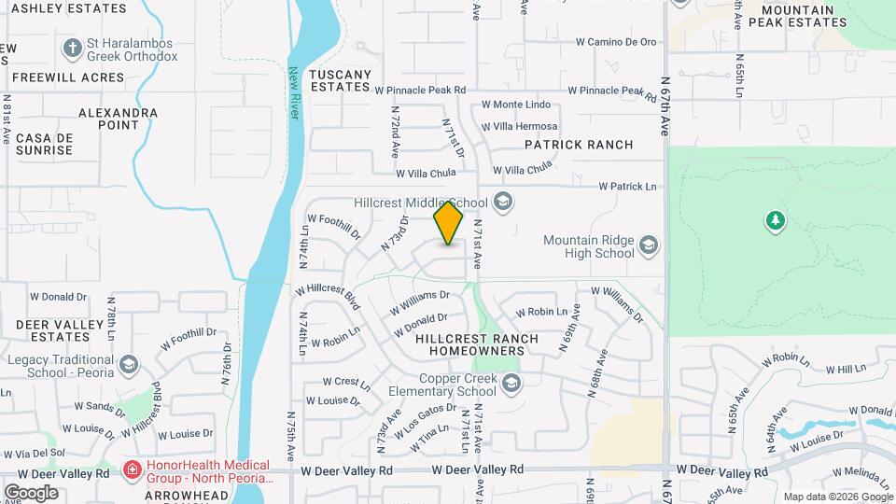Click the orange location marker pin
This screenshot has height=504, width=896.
(449, 223)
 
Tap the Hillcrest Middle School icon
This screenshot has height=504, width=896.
(503, 203)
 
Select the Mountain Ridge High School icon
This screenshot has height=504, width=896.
(649, 246)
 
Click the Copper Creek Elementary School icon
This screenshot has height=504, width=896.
(511, 384)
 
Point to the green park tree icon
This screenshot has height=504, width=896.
(774, 221)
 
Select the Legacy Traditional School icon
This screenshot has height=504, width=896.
(128, 364)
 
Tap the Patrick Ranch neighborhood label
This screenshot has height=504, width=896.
(579, 145)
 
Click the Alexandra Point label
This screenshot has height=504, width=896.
(118, 119)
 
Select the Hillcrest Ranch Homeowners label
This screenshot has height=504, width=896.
(477, 343)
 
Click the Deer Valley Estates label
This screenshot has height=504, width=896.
(52, 330)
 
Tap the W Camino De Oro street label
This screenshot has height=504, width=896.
(617, 42)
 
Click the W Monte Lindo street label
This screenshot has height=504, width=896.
(516, 105)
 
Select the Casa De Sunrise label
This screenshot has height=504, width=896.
(44, 144)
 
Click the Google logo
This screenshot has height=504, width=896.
(31, 492)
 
